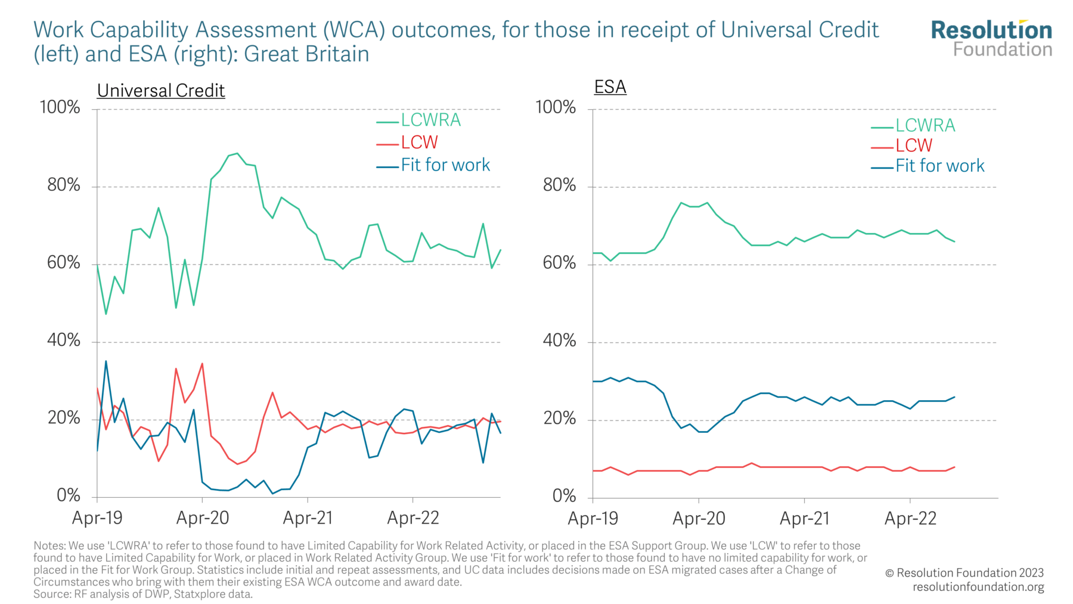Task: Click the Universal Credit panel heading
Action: click(161, 91)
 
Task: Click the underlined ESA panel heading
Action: click(610, 87)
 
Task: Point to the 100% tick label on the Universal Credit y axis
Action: click(60, 107)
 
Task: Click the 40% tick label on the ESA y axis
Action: click(559, 340)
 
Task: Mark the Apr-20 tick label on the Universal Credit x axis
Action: click(203, 518)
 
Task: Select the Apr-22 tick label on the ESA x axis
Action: click(910, 518)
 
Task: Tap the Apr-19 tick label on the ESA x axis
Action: click(593, 518)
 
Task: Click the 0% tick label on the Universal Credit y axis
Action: click(69, 495)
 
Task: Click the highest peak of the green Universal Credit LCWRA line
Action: click(237, 153)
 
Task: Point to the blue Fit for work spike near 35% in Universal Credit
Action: click(106, 361)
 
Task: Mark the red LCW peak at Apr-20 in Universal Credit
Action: click(203, 364)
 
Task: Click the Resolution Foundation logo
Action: click(991, 38)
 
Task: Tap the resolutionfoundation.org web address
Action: click(978, 587)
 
